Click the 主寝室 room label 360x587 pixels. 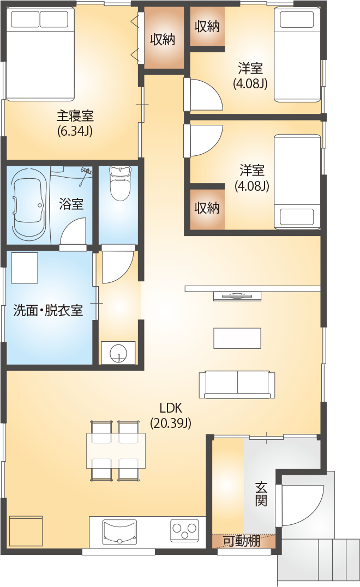[x=75, y=116]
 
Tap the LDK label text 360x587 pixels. [x=170, y=407]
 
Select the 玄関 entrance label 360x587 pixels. [x=261, y=494]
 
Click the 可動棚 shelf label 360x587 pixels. [x=242, y=541]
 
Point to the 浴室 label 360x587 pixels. [x=71, y=204]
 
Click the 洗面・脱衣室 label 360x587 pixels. [x=48, y=310]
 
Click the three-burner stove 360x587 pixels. [x=184, y=530]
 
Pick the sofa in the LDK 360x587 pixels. [x=237, y=385]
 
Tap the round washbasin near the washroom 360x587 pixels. [x=117, y=353]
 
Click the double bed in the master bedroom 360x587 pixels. [x=40, y=55]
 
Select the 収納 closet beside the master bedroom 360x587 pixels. [x=163, y=39]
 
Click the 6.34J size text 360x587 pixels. [x=75, y=131]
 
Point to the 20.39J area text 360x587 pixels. [x=171, y=423]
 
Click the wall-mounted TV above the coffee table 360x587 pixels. [x=237, y=296]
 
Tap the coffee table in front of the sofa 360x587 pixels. [x=237, y=338]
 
